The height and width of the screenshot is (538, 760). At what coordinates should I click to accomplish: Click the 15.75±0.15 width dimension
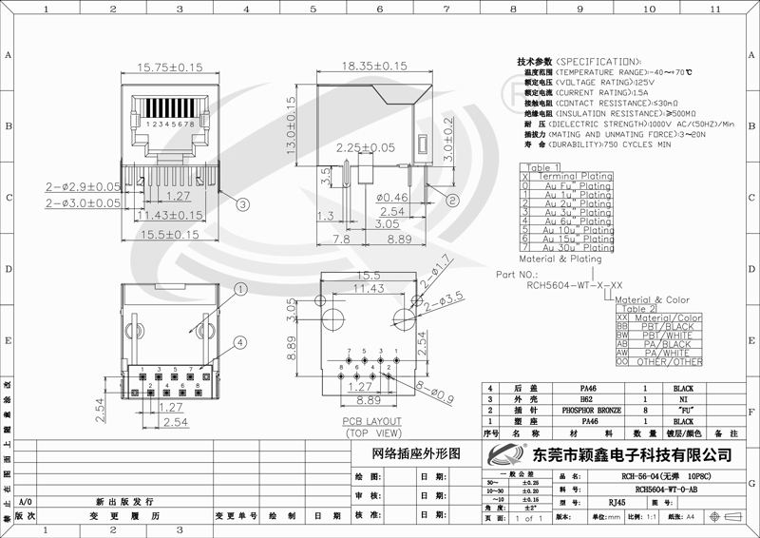tap(170, 68)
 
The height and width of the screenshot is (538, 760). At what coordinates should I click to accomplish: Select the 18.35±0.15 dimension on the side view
tap(373, 66)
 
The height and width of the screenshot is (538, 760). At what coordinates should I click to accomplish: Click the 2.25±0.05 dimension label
tap(365, 148)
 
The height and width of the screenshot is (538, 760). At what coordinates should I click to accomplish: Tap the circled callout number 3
tap(243, 203)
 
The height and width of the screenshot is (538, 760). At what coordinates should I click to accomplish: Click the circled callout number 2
tap(453, 201)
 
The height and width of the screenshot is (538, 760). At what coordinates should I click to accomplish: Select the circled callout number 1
tap(240, 289)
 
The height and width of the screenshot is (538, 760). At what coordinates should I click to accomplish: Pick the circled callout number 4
tap(240, 342)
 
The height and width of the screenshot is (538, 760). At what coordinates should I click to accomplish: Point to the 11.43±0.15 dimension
tap(170, 216)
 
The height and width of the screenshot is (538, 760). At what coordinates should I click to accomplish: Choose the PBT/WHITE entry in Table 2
tap(668, 336)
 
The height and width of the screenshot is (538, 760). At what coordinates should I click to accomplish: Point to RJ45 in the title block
tap(617, 501)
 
